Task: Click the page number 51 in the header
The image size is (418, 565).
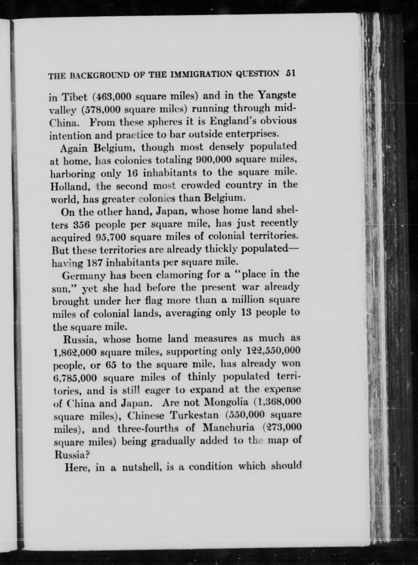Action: [291, 74]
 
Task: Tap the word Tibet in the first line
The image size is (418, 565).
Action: [74, 97]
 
